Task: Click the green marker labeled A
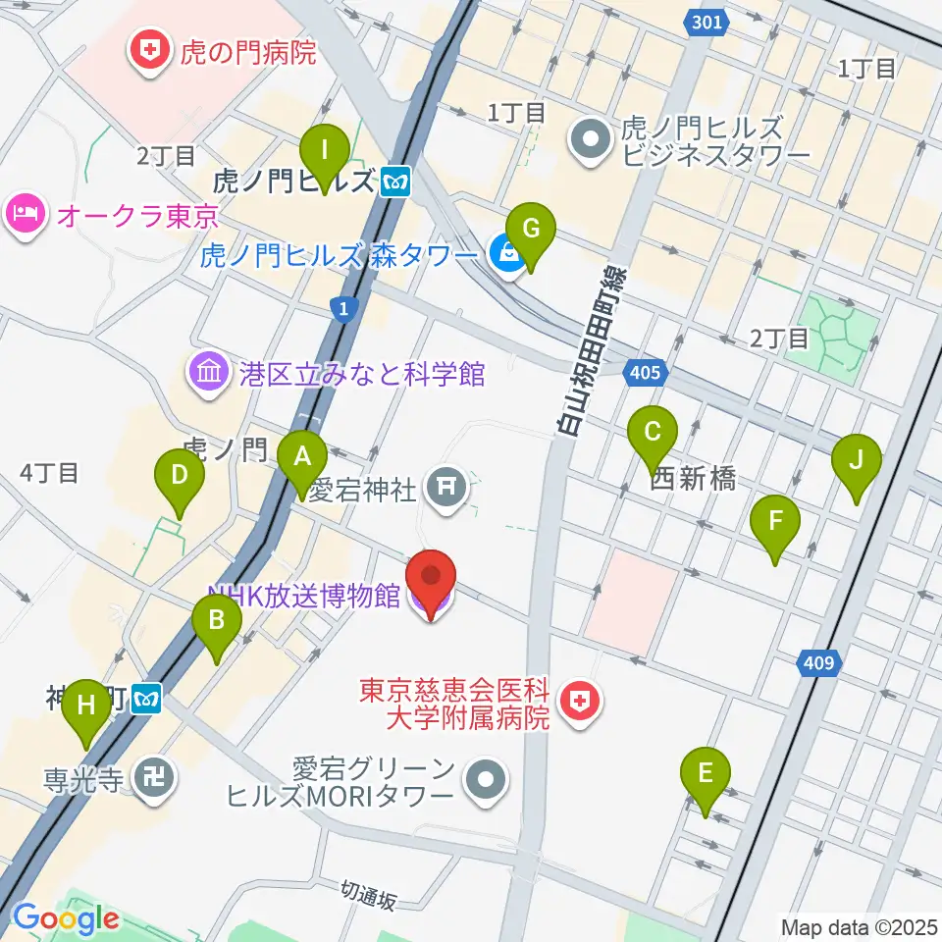(302, 457)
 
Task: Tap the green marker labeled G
(531, 230)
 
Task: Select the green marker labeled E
(705, 773)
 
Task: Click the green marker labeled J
(856, 460)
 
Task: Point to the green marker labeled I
(326, 152)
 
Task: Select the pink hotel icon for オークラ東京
(26, 213)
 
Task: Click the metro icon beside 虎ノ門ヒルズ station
(396, 182)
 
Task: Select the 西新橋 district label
(694, 479)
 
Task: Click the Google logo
(66, 919)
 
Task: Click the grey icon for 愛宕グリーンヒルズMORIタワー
(485, 782)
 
